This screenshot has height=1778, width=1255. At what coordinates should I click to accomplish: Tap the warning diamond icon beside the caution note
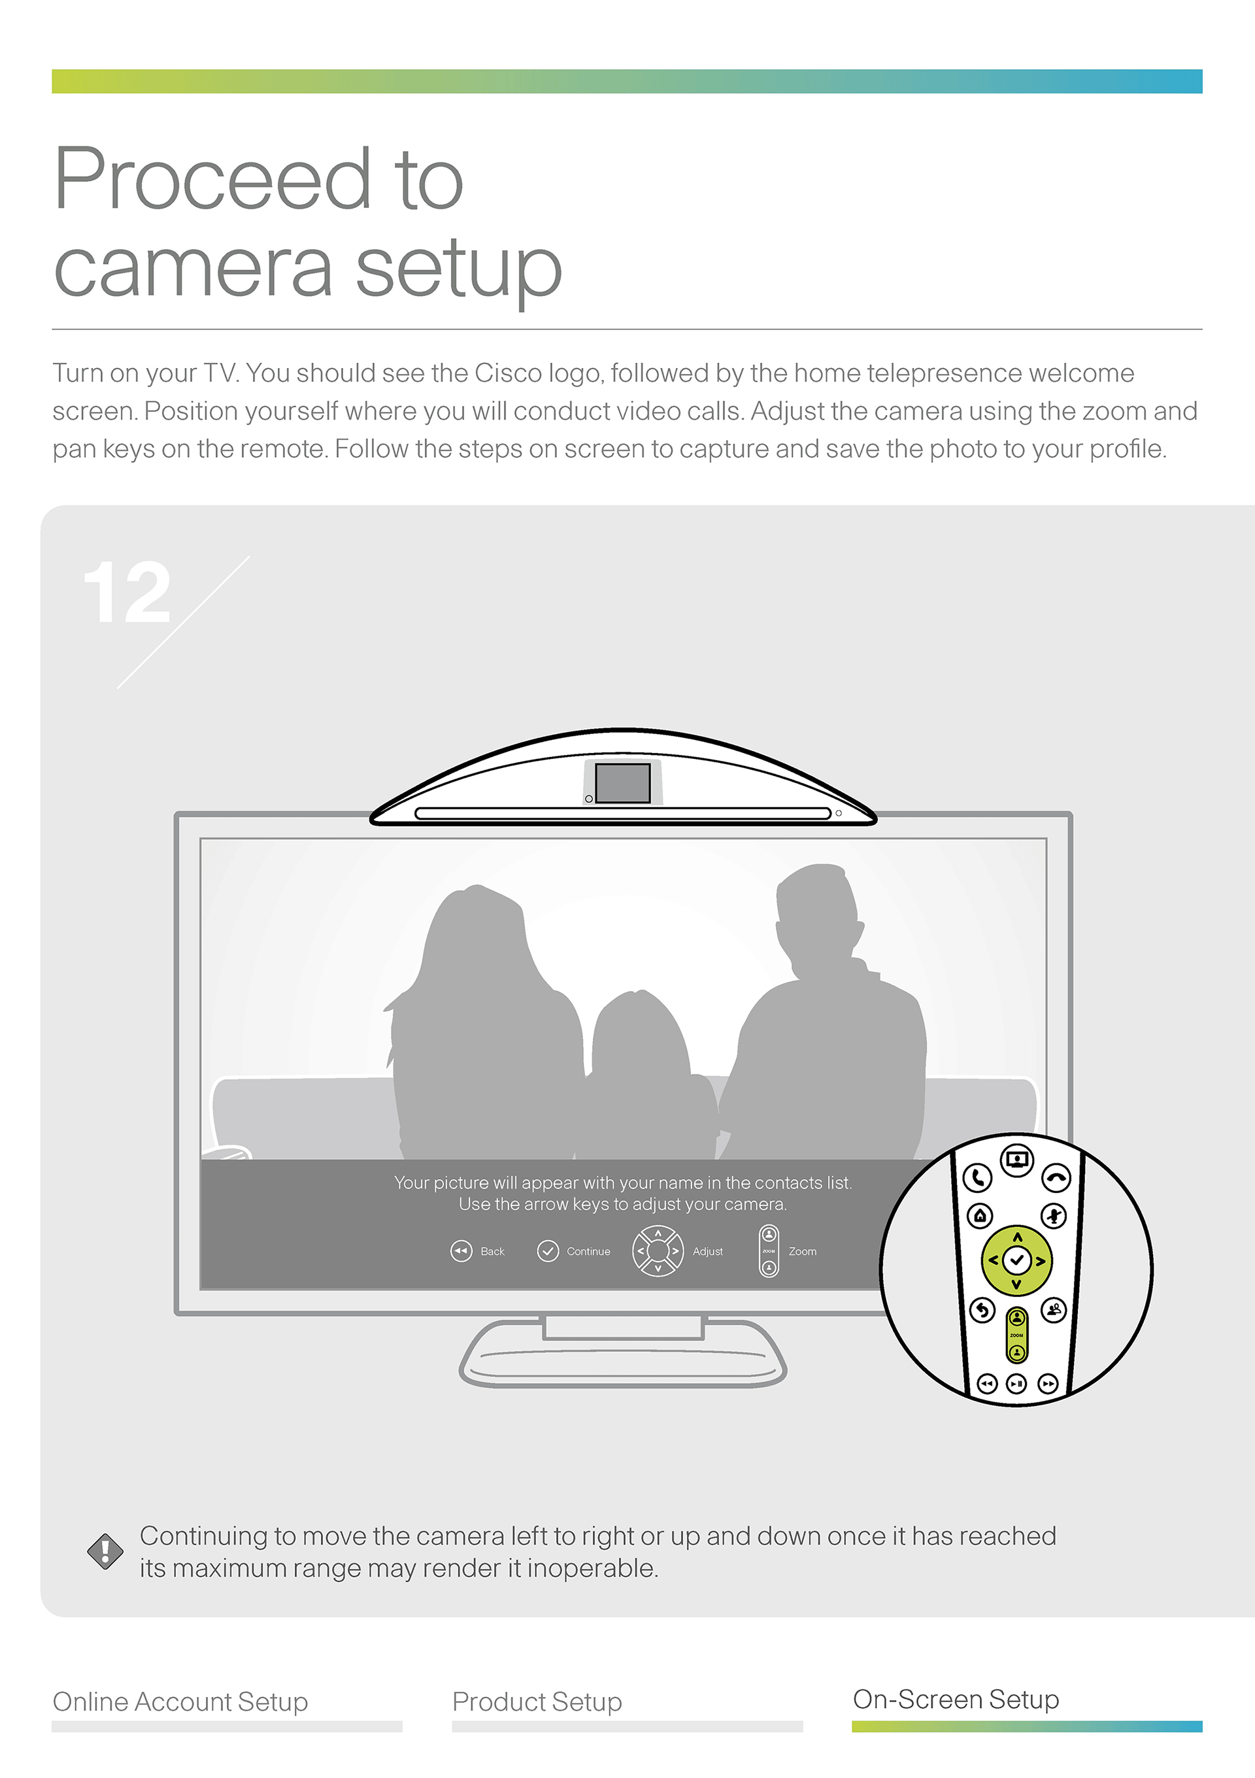coord(105,1551)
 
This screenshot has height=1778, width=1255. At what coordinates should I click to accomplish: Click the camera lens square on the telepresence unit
coord(622,783)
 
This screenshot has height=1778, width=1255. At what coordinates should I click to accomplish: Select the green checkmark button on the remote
coord(1016,1261)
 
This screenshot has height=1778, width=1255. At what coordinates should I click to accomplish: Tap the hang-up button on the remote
coord(1057,1178)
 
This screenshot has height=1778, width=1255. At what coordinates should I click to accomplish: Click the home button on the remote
coord(980,1216)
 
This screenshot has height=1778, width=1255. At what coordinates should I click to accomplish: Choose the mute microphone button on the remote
coord(1054,1216)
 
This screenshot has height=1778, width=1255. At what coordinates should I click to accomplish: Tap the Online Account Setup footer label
coord(180,1702)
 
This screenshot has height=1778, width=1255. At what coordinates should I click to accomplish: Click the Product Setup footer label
coord(537,1702)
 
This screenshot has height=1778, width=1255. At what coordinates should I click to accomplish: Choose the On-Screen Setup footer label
coord(956,1699)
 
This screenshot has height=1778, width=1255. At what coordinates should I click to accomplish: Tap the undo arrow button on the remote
coord(982,1310)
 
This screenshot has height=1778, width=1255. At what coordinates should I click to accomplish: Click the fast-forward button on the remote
coord(1048,1383)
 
